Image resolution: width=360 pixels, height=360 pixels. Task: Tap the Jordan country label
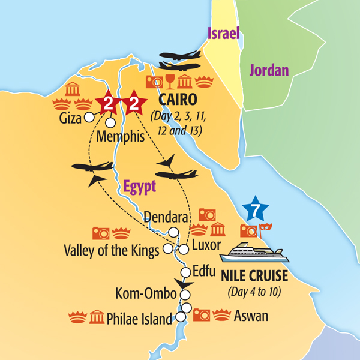269,70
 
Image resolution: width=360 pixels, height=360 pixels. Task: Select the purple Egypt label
139,187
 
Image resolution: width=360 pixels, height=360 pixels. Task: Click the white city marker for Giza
89,117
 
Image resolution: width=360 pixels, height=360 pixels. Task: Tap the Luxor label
206,245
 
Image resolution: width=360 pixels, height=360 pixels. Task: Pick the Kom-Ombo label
149,294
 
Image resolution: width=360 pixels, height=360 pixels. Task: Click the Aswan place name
251,316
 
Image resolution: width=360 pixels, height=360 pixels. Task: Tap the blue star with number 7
257,210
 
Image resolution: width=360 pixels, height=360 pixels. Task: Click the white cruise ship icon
254,253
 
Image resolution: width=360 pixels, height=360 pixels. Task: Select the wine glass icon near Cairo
170,82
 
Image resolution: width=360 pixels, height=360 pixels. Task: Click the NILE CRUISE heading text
254,278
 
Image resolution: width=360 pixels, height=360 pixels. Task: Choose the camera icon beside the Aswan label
202,314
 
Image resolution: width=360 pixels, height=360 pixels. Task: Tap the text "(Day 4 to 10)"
254,293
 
